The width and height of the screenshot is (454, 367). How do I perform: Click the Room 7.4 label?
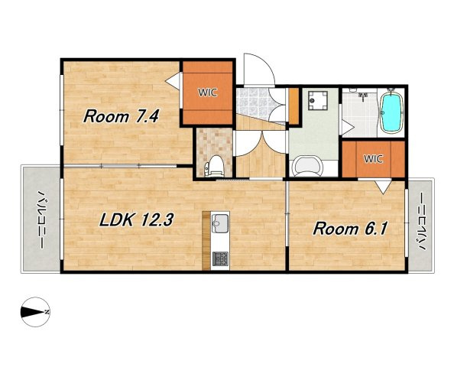(121, 116)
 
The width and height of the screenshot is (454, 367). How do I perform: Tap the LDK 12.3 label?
(136, 220)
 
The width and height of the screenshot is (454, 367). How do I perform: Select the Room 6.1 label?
(350, 229)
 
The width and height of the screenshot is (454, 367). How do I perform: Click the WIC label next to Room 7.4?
(207, 93)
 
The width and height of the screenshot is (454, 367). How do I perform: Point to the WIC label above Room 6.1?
(373, 159)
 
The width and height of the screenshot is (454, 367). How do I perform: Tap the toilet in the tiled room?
(215, 166)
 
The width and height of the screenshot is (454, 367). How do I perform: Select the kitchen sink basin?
(220, 223)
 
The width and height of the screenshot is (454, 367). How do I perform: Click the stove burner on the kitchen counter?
(220, 259)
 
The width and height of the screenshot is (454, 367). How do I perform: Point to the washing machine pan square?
(318, 100)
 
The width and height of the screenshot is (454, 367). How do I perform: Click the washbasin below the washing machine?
(307, 166)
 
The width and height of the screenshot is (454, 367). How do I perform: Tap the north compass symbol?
(35, 312)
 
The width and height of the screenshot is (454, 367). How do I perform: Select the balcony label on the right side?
(423, 222)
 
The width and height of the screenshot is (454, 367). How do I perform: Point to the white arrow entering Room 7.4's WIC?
(173, 81)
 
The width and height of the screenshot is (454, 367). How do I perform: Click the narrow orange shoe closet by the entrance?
(293, 106)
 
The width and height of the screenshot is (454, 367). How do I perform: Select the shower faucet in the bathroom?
(363, 96)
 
